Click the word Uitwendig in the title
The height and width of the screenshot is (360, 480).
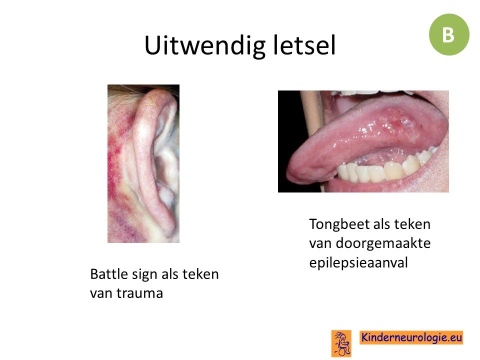(205, 46)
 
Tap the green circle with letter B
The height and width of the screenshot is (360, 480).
(449, 34)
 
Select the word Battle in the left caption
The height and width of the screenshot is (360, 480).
(108, 273)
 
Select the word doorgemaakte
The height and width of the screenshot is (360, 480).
(383, 243)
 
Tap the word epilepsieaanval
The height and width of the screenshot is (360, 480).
(358, 263)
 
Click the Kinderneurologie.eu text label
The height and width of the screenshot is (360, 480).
(411, 337)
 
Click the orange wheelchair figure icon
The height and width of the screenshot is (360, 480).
(341, 343)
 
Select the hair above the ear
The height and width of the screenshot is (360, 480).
(134, 90)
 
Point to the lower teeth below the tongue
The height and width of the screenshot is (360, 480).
(382, 170)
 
